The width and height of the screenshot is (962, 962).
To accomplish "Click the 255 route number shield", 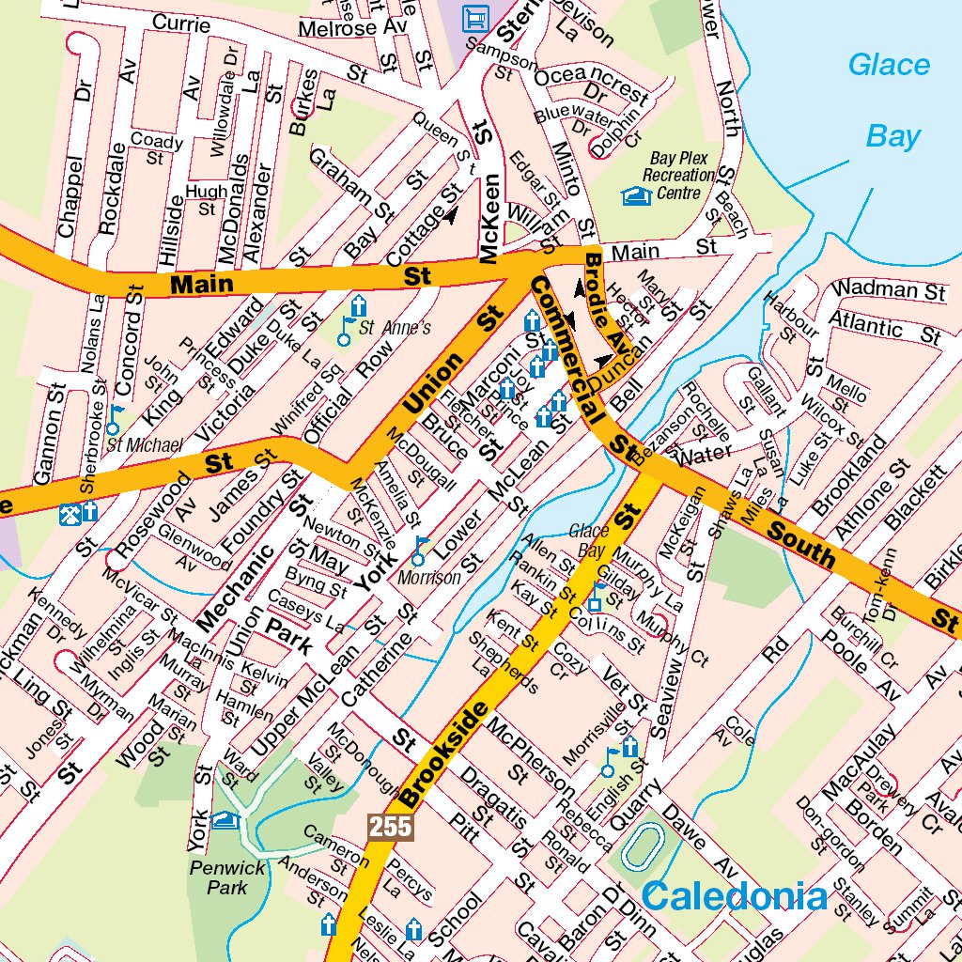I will coord(389,827).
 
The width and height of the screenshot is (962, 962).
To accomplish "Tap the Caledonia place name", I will coord(736,896).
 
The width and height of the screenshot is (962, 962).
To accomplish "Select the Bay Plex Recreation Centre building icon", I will coord(636,195).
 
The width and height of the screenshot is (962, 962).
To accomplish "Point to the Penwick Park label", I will coord(218,877).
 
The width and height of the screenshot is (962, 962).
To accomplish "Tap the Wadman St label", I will coord(889,289).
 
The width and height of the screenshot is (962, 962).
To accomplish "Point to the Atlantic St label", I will coord(883,329).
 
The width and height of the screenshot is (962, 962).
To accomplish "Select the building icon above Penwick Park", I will coord(225,821).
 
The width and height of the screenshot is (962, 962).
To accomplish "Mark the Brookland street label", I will coord(848,477).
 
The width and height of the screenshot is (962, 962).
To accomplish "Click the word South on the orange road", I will coord(800,545).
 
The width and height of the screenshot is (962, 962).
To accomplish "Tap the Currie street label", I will coord(180,23).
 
